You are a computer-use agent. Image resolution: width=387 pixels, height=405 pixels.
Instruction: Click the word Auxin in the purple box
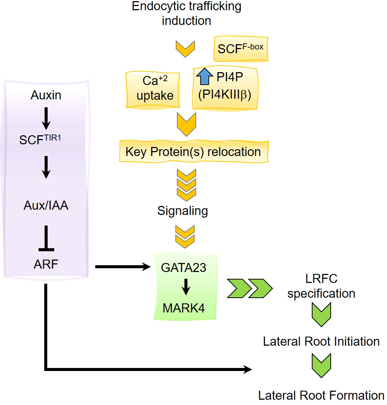tap(46, 96)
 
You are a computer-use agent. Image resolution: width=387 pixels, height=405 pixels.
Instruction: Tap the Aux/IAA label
tap(46, 206)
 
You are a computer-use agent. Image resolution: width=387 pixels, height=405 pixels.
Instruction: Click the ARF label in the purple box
tap(46, 264)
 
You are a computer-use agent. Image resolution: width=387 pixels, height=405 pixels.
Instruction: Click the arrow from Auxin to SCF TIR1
tap(46, 118)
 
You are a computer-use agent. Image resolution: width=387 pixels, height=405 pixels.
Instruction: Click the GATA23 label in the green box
tap(184, 267)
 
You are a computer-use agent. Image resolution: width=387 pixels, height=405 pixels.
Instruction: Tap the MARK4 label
tap(184, 308)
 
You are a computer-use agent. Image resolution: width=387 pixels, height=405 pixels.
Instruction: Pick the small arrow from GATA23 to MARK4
tap(185, 287)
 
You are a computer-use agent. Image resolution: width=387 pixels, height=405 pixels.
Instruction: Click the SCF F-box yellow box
tap(241, 49)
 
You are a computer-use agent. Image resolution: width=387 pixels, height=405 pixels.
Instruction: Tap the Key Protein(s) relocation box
tap(193, 151)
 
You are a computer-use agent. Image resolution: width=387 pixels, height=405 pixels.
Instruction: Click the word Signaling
tap(183, 210)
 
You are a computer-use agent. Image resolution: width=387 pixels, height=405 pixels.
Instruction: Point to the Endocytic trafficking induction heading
tap(186, 13)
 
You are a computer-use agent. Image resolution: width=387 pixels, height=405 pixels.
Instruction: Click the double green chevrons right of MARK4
tap(249, 289)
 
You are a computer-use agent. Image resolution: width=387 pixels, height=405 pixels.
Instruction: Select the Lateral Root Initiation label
tap(321, 342)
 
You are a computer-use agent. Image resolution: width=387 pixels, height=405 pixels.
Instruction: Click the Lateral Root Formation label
tap(321, 395)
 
